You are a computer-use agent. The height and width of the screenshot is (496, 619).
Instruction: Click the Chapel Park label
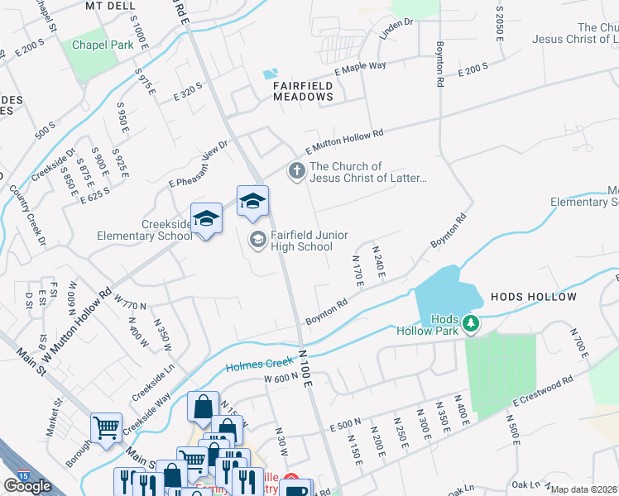[x=103, y=45]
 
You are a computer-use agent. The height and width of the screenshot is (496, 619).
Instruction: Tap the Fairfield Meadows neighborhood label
[x=304, y=91]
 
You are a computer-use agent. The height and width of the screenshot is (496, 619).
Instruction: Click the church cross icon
[x=296, y=171]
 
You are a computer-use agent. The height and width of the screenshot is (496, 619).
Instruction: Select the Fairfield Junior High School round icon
[x=257, y=240]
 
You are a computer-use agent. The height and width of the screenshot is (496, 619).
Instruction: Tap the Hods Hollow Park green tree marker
[x=471, y=322]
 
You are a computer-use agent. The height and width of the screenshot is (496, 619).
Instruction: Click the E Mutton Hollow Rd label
[x=345, y=141]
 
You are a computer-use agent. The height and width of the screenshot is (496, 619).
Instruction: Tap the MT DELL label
[x=110, y=5]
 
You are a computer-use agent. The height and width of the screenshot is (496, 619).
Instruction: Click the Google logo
[x=27, y=485]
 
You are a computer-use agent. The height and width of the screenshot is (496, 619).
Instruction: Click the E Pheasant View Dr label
[x=199, y=164]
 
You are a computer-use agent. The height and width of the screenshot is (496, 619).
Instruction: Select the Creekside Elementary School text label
[x=144, y=230]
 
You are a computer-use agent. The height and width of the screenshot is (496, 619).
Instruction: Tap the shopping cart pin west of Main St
[x=106, y=427]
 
